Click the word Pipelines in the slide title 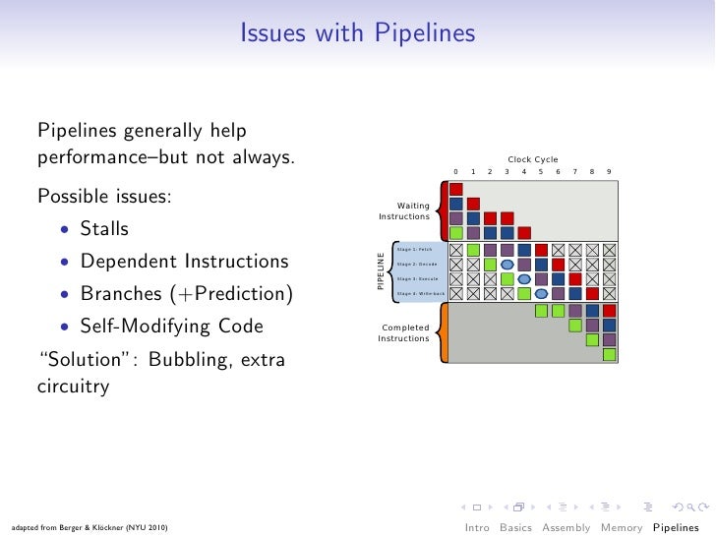(x=423, y=34)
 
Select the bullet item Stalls (x=104, y=228)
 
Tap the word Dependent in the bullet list (x=123, y=262)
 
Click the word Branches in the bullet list (x=120, y=294)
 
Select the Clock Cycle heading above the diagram (x=532, y=159)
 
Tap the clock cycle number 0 (x=455, y=172)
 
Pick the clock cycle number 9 (x=609, y=172)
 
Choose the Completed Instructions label (x=404, y=333)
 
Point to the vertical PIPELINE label (x=382, y=270)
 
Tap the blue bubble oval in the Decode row (x=507, y=265)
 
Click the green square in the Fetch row (x=473, y=250)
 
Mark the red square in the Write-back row (x=592, y=293)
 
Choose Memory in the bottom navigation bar (x=621, y=527)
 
